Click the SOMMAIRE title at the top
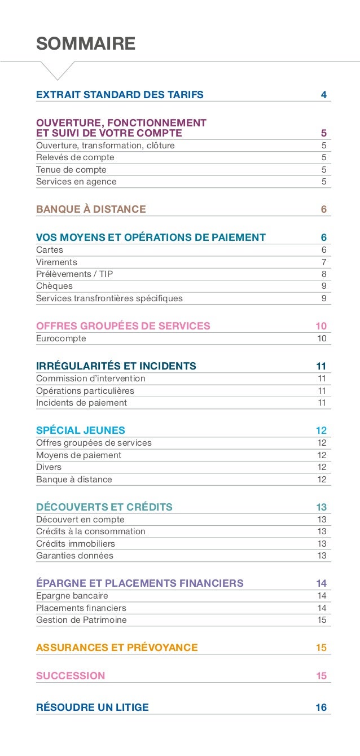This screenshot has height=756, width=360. pos(86,43)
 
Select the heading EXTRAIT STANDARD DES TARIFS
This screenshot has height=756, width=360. pos(120,94)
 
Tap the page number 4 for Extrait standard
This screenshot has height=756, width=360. pos(323,94)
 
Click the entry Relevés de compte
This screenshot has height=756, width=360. pos(75,157)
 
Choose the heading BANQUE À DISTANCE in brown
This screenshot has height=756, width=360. pos(91,209)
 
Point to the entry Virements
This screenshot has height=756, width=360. pos(56,262)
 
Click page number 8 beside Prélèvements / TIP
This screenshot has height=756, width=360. pos(323,274)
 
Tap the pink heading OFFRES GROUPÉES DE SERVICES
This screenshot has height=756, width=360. pos(123,326)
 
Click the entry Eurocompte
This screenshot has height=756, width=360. pos(61,339)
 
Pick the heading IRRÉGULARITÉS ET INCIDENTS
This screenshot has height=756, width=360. pos(116,366)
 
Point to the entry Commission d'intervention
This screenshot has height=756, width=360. pos(91,379)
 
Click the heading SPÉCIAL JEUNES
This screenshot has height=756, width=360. pos(81,430)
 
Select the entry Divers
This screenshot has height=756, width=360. pos(49,467)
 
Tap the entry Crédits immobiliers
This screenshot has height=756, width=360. pos(76,544)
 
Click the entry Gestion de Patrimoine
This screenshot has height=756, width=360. pos(81,620)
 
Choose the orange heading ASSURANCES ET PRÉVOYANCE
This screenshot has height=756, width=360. pos(117,648)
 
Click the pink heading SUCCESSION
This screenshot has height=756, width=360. pos(71,676)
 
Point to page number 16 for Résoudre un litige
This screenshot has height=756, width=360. pos(321,707)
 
